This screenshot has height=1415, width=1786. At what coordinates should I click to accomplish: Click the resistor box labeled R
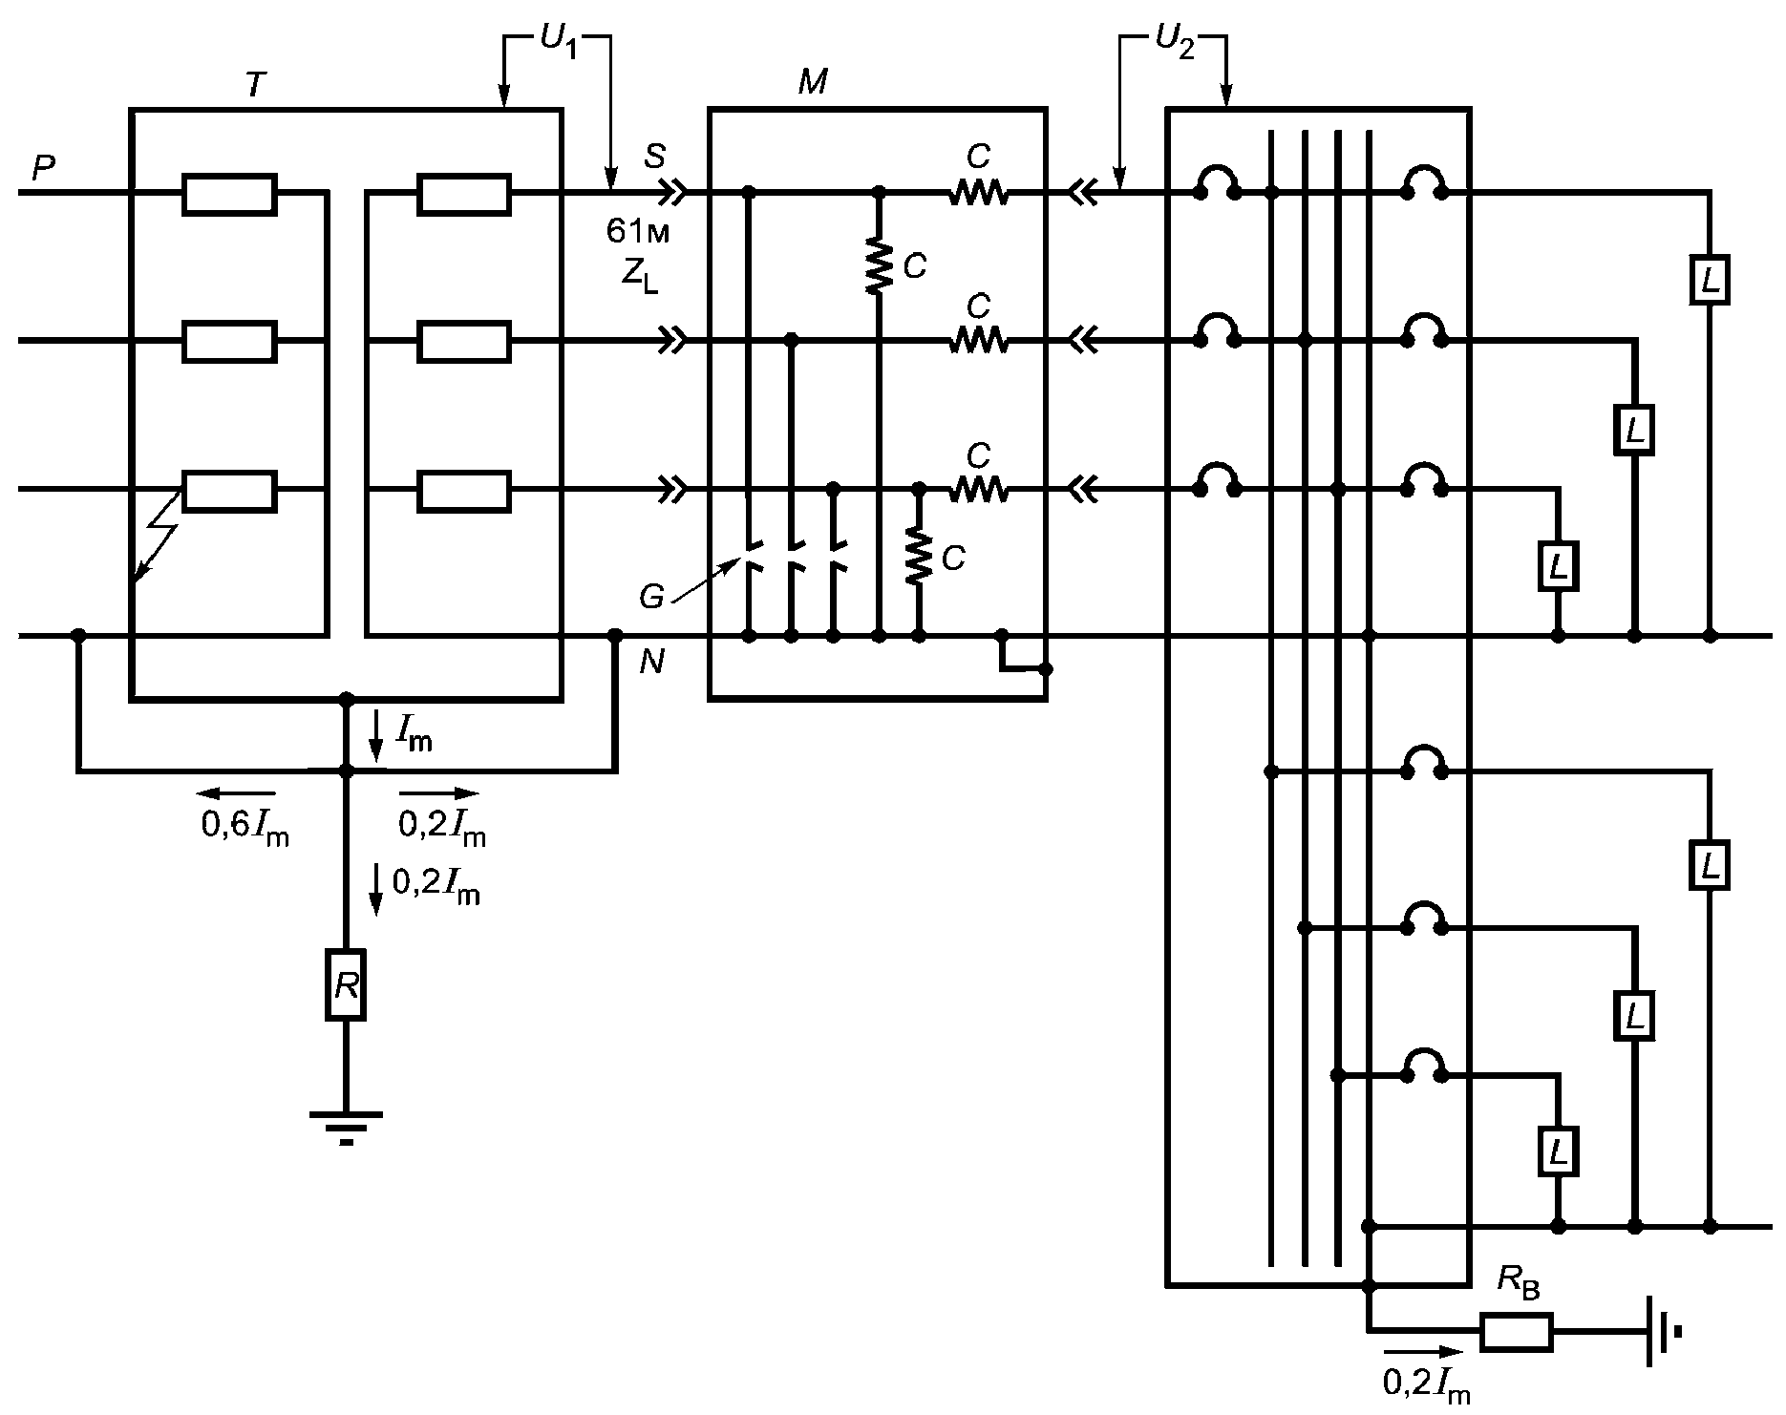346,984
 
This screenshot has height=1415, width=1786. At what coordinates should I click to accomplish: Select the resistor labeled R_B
1517,1332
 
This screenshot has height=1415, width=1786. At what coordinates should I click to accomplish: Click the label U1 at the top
558,42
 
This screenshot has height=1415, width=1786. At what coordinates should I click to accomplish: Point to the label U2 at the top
1174,42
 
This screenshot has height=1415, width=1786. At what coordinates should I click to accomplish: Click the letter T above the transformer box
254,86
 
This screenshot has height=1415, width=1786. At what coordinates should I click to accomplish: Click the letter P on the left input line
43,169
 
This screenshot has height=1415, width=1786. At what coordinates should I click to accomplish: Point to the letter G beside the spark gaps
651,598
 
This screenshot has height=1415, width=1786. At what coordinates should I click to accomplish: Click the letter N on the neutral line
652,662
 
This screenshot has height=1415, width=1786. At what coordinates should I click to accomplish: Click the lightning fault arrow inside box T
159,537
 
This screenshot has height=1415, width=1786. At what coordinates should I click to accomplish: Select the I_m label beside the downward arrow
414,733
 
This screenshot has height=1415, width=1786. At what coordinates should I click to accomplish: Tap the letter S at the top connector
654,155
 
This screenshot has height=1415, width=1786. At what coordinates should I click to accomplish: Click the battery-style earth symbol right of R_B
1663,1332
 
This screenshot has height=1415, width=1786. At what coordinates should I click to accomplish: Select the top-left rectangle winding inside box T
230,194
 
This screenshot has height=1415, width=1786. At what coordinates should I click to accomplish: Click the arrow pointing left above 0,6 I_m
236,793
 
